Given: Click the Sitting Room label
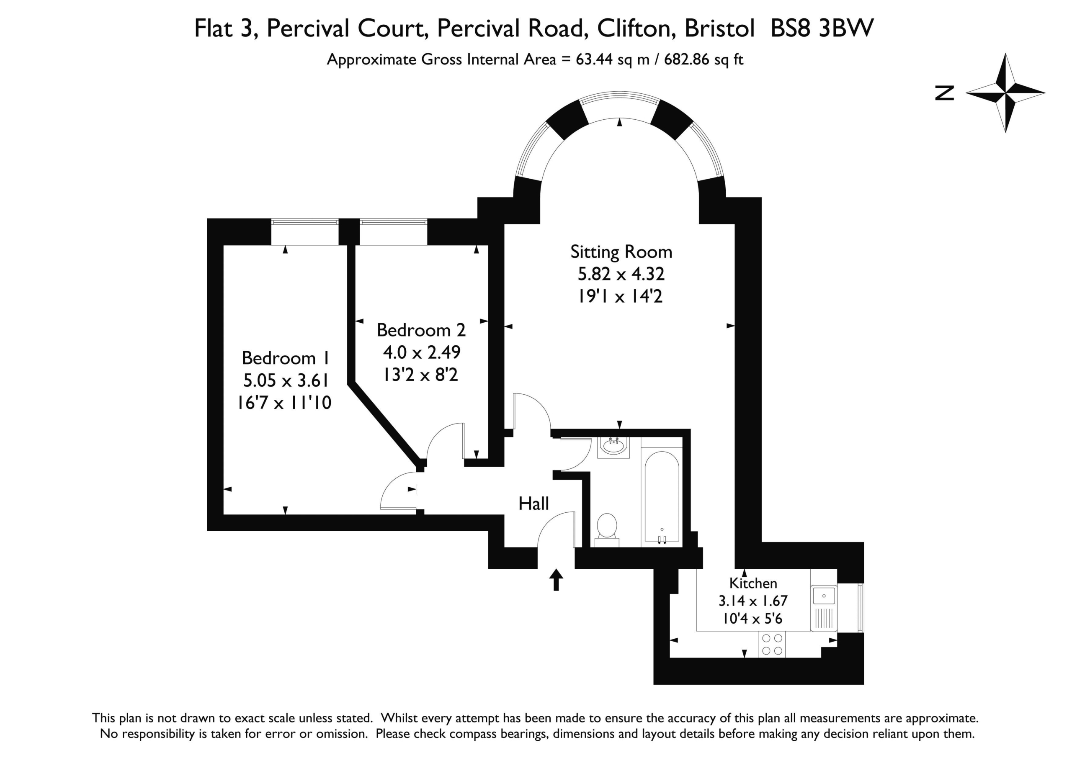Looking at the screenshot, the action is pyautogui.click(x=621, y=252).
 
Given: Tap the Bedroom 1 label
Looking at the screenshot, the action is pyautogui.click(x=286, y=358).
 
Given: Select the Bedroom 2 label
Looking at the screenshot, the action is pyautogui.click(x=421, y=330).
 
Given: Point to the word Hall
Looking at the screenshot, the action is pyautogui.click(x=533, y=504).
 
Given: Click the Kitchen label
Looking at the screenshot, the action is pyautogui.click(x=753, y=583).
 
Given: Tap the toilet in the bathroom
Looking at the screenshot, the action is pyautogui.click(x=607, y=530).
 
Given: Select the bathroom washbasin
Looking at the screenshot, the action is pyautogui.click(x=613, y=447).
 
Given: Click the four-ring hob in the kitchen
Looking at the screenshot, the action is pyautogui.click(x=772, y=644).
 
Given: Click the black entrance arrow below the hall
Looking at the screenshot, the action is pyautogui.click(x=556, y=580).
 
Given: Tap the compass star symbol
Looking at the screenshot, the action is pyautogui.click(x=1005, y=93).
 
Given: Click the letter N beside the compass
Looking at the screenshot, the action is pyautogui.click(x=945, y=93).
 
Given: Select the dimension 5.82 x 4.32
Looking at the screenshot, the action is pyautogui.click(x=621, y=274).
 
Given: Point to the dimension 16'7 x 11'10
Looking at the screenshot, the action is pyautogui.click(x=284, y=402).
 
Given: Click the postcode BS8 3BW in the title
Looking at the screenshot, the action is pyautogui.click(x=822, y=28).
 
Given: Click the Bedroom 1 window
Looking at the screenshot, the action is pyautogui.click(x=305, y=232).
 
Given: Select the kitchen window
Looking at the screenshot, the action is pyautogui.click(x=850, y=608).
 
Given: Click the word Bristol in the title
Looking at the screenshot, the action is pyautogui.click(x=719, y=28).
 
